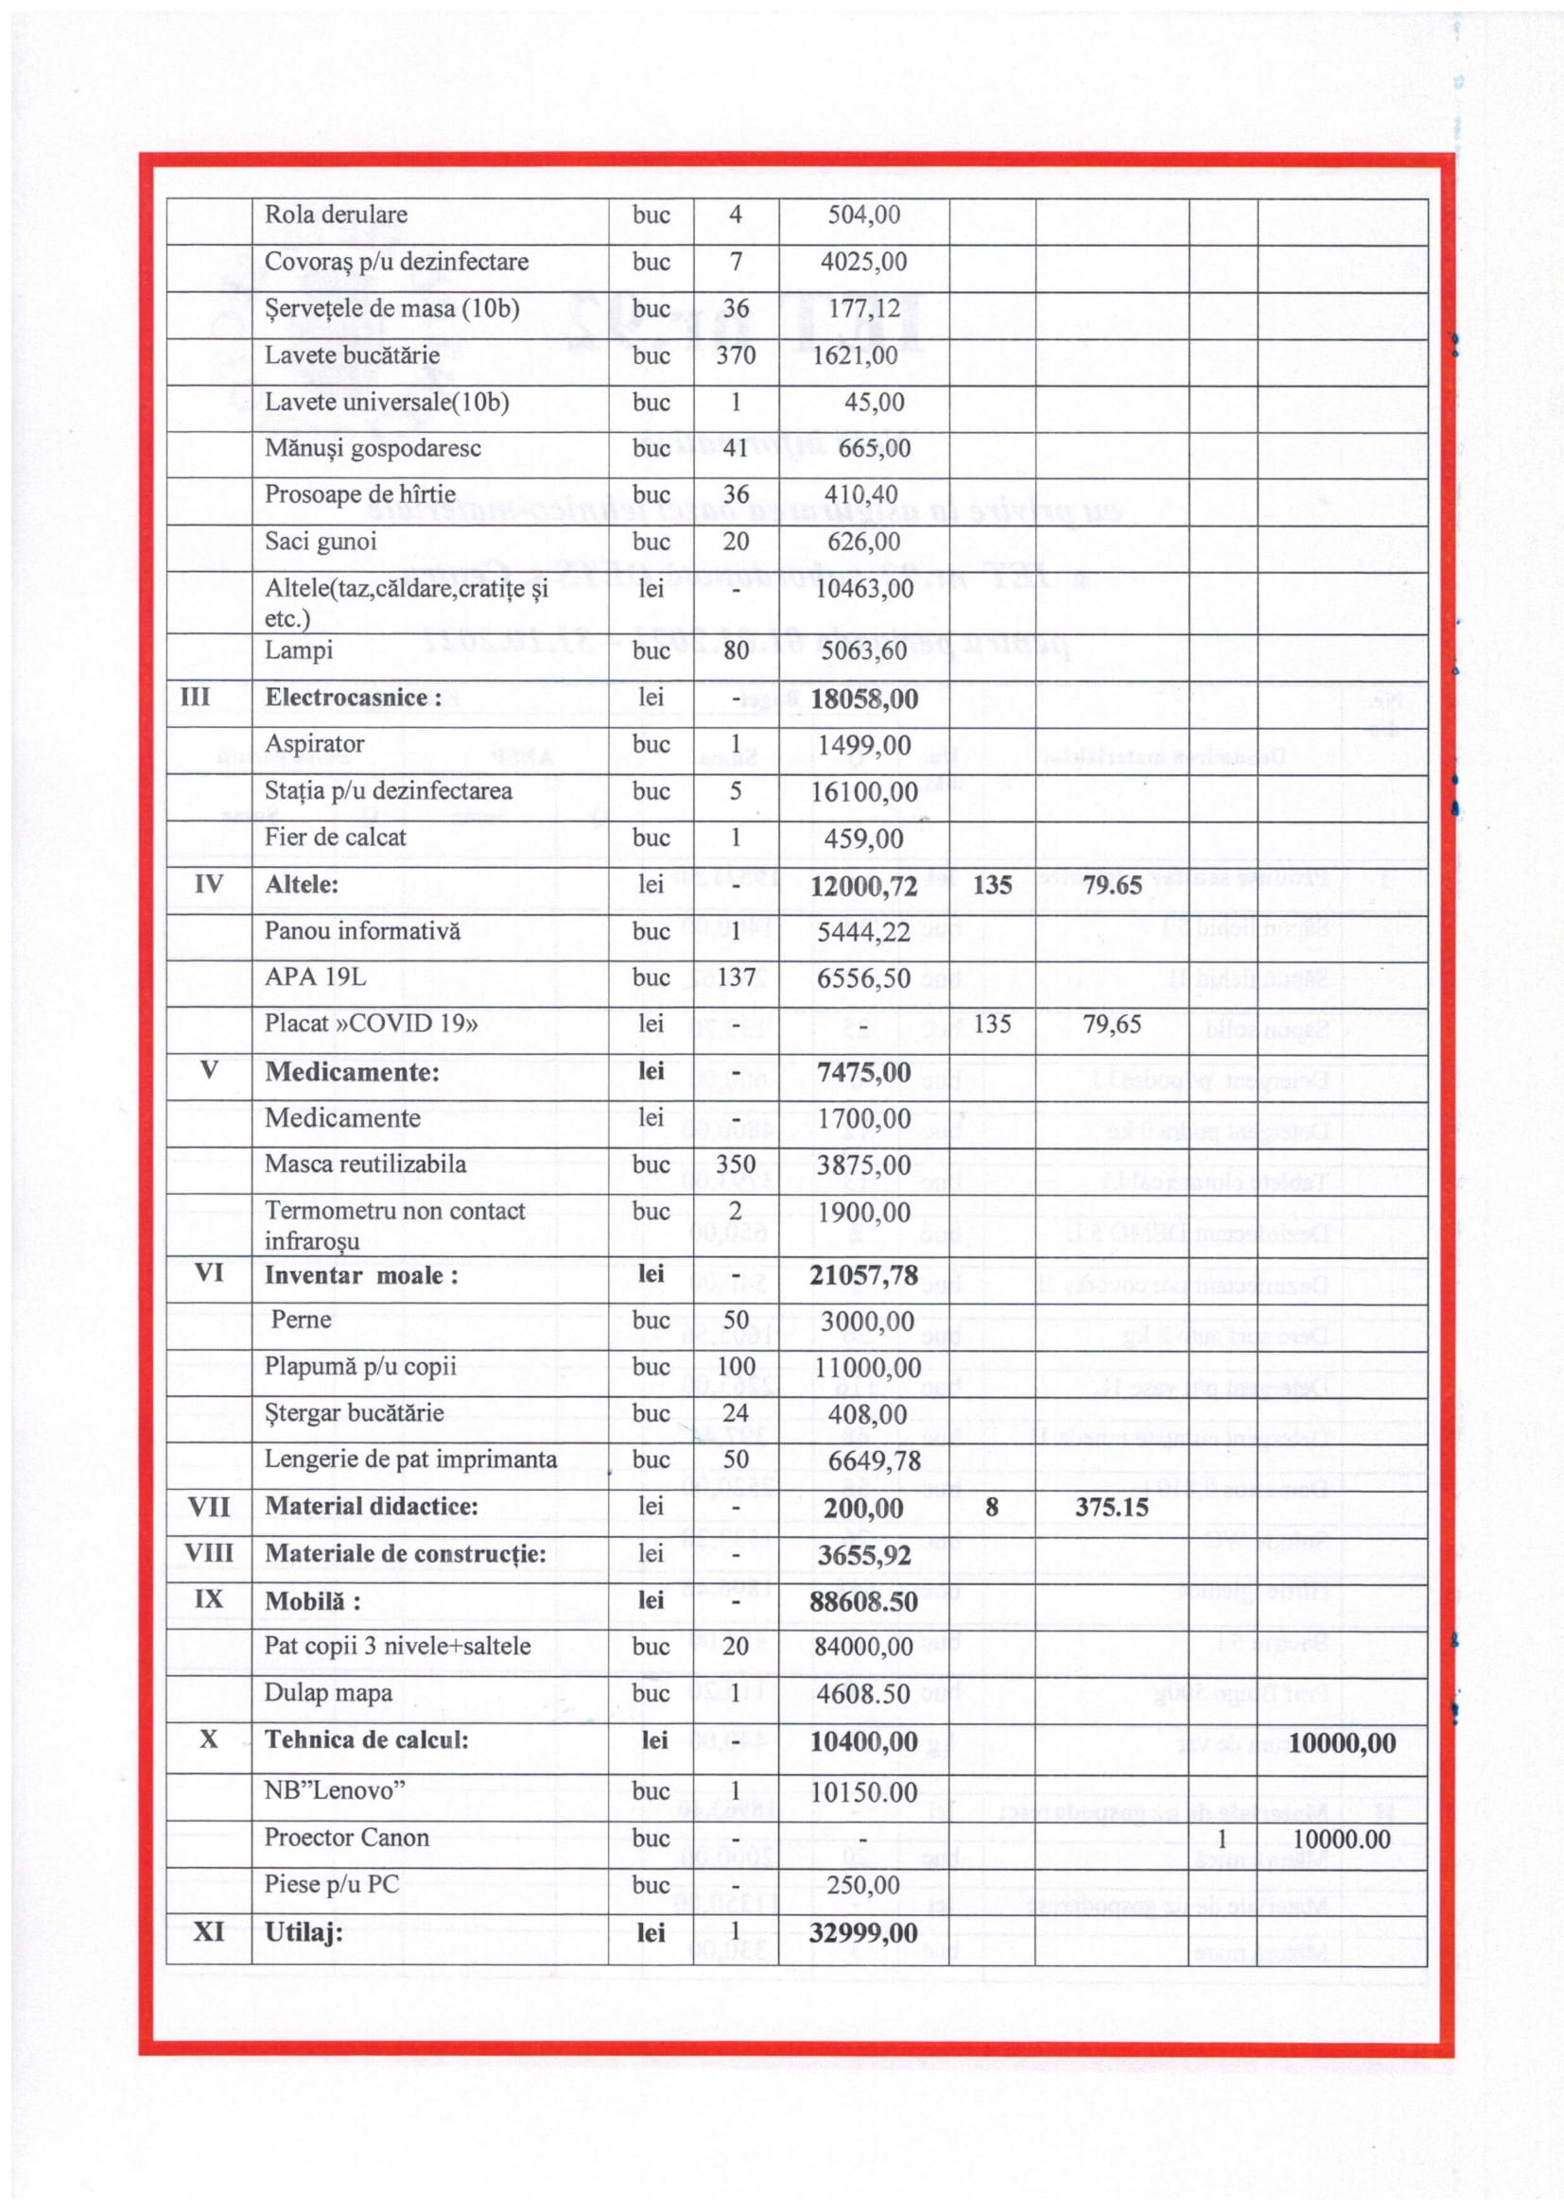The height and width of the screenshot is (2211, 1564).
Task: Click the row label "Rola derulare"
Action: (x=335, y=215)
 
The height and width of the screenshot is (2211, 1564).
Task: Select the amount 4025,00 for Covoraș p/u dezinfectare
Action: (x=863, y=262)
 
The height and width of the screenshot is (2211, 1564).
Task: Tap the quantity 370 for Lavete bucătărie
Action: (x=735, y=355)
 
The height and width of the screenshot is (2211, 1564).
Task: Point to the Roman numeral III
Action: (x=196, y=698)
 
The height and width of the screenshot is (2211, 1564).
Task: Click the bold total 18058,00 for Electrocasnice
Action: (x=864, y=700)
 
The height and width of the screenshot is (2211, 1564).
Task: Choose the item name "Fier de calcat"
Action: (x=335, y=838)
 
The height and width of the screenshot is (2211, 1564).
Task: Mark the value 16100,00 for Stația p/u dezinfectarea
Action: (x=864, y=792)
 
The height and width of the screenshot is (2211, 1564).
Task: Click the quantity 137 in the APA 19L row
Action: (x=735, y=977)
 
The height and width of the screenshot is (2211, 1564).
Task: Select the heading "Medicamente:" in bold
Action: (x=352, y=1072)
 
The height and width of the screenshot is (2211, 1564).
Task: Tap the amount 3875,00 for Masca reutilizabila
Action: (x=864, y=1166)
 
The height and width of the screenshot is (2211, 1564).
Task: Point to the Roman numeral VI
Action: (x=209, y=1273)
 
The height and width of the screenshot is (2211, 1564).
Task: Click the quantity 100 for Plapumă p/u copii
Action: (x=736, y=1367)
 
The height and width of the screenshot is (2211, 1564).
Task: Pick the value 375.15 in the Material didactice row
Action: (x=1111, y=1507)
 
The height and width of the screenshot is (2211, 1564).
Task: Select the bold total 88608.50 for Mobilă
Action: (x=864, y=1601)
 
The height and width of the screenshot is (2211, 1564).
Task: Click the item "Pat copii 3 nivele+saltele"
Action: (x=397, y=1647)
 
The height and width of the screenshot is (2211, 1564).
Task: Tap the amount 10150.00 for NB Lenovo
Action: (x=864, y=1792)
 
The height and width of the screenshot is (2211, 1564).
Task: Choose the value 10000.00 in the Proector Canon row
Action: (x=1342, y=1840)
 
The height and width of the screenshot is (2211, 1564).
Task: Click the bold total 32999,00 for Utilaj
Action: (x=863, y=1933)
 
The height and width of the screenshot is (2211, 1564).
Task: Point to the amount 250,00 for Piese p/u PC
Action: (x=864, y=1886)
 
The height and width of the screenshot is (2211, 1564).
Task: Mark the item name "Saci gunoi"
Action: (x=320, y=542)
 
